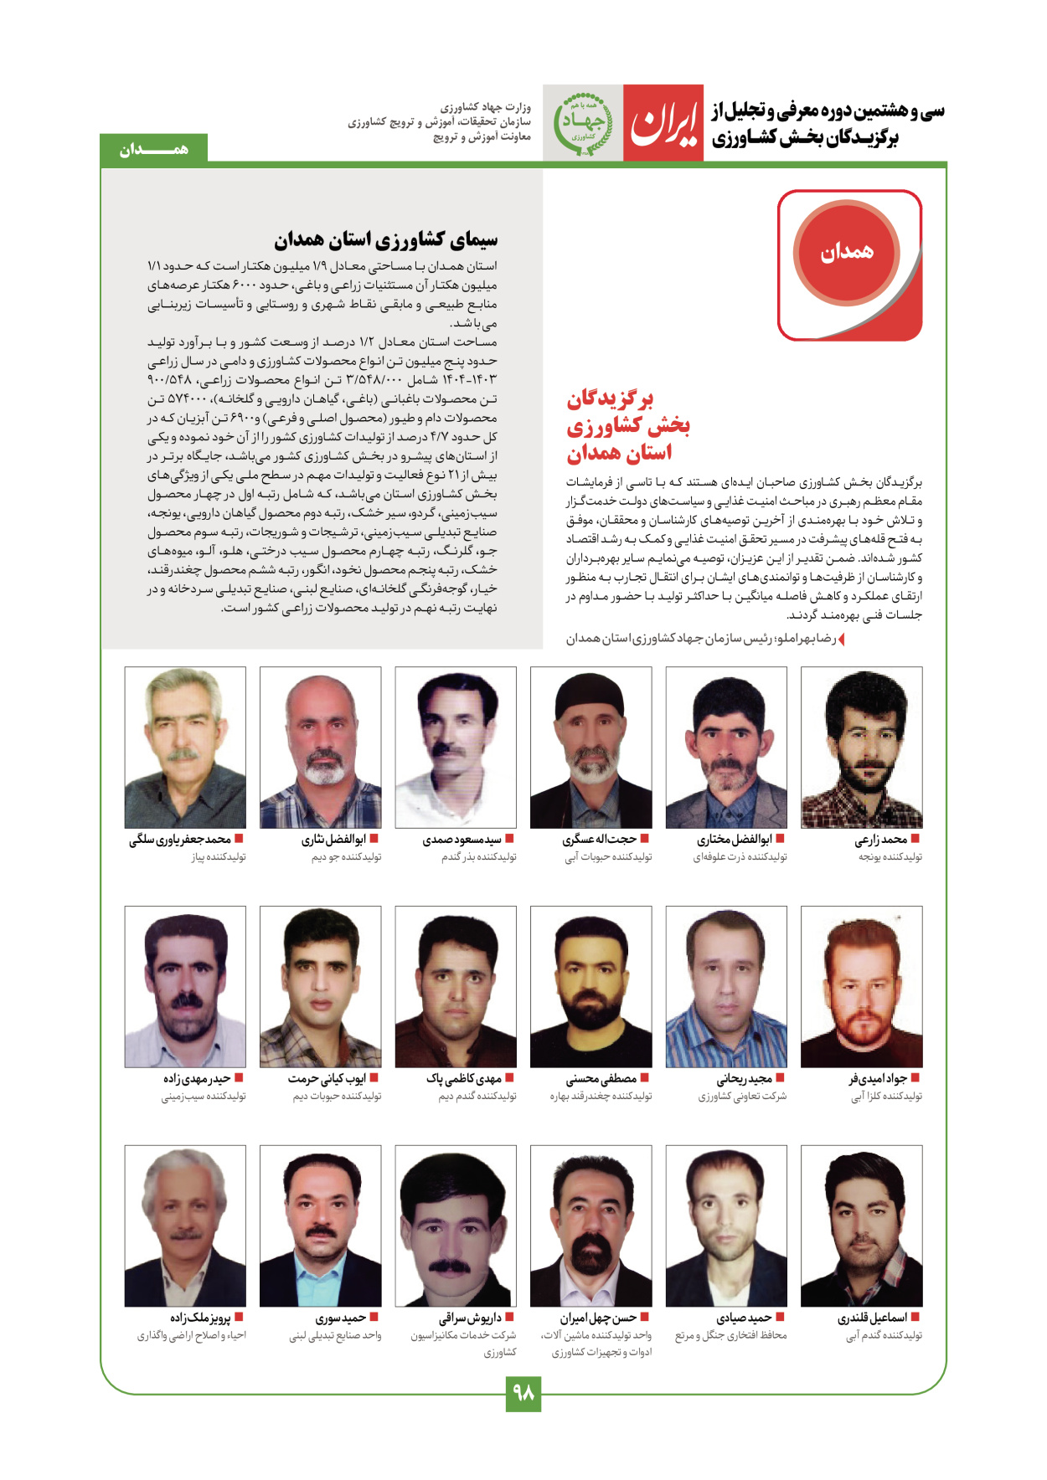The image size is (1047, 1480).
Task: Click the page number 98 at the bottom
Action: coord(523,1393)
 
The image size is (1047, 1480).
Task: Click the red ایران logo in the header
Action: coord(663,123)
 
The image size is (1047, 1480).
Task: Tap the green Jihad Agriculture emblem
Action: coord(582,123)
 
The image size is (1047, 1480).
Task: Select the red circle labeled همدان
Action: coord(846,251)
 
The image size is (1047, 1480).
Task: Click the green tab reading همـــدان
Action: coord(153,149)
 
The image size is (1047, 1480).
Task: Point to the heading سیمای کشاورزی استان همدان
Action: coord(385,240)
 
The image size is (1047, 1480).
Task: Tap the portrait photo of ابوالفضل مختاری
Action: coord(726,747)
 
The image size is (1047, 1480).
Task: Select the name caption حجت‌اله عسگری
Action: coord(599,839)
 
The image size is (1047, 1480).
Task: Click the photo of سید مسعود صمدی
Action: coord(456,747)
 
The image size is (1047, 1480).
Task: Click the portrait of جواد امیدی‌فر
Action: coord(861,986)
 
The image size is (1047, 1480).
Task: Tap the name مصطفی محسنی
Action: coord(601,1078)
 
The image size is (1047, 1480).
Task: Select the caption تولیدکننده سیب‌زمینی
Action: coord(204,1096)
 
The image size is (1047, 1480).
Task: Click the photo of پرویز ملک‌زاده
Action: coord(185,1226)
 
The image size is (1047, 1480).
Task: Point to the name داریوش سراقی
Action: coord(470,1318)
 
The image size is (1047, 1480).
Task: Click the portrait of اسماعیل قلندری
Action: coord(861,1226)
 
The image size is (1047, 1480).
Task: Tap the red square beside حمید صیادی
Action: coord(780,1317)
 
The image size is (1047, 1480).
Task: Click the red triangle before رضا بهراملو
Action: coord(842,640)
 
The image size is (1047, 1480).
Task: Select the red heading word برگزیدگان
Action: coord(610,398)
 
